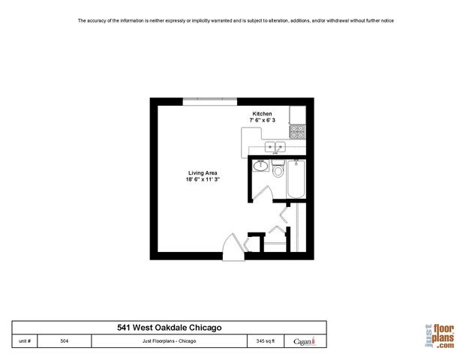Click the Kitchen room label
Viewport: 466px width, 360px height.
click(x=262, y=113)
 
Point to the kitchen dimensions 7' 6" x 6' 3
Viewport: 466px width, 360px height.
click(x=262, y=120)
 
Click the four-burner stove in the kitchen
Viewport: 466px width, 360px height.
click(x=297, y=131)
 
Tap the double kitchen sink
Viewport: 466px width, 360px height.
click(x=273, y=147)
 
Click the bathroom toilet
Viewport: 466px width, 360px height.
click(x=278, y=169)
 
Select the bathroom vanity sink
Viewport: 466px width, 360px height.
click(x=260, y=166)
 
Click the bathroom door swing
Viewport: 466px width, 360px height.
click(x=259, y=192)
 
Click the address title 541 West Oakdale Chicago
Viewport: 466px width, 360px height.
click(x=169, y=327)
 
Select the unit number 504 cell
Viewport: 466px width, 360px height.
click(x=65, y=340)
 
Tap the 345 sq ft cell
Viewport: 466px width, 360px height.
click(x=266, y=340)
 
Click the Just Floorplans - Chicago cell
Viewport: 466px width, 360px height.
click(x=169, y=340)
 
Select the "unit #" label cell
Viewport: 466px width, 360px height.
click(x=25, y=340)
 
